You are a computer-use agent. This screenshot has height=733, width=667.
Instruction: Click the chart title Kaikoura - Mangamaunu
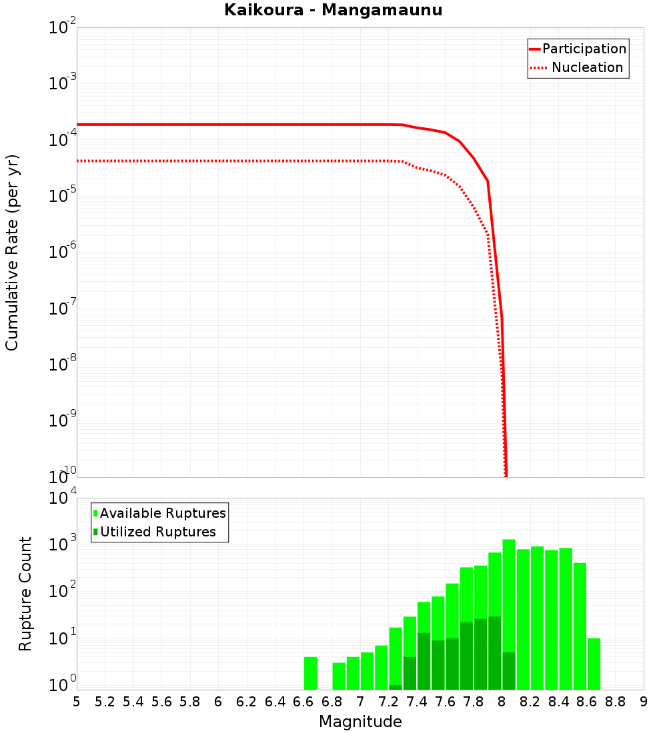pyautogui.click(x=333, y=10)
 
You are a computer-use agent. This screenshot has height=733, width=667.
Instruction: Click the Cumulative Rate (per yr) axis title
pyautogui.click(x=12, y=252)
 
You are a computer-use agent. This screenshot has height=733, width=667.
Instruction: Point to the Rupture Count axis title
pyautogui.click(x=25, y=594)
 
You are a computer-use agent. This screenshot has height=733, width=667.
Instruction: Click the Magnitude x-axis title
pyautogui.click(x=360, y=721)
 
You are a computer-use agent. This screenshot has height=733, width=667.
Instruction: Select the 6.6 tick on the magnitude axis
pyautogui.click(x=303, y=702)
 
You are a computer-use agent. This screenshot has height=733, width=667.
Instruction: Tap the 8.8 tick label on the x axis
pyautogui.click(x=615, y=702)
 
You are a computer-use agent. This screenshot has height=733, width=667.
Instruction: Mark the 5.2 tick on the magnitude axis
pyautogui.click(x=105, y=702)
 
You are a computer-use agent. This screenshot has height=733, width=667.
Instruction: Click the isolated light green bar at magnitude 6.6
pyautogui.click(x=310, y=673)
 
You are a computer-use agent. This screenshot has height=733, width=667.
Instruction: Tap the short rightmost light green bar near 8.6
pyautogui.click(x=594, y=664)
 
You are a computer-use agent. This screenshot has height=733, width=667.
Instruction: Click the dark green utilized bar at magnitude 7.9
pyautogui.click(x=494, y=653)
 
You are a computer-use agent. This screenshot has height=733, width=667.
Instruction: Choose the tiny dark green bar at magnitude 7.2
pyautogui.click(x=396, y=687)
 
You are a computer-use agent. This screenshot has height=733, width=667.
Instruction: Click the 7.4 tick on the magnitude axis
pyautogui.click(x=417, y=702)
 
